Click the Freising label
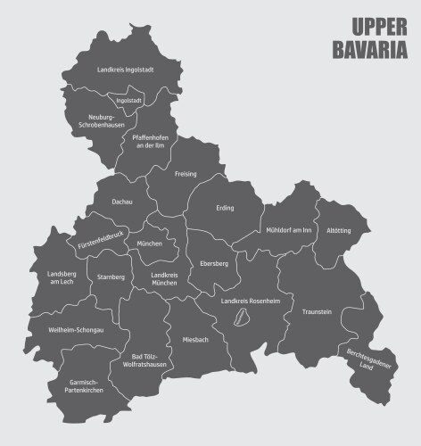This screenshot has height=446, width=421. tap(186, 173)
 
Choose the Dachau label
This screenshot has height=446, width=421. tap(122, 202)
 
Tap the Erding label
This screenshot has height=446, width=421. tap(225, 208)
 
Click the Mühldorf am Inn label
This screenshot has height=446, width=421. tap(289, 230)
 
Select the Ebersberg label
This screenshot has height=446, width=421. tap(214, 264)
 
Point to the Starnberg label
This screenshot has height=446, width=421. tap(111, 277)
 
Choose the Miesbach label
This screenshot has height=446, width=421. tap(196, 340)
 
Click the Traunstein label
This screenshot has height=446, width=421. tap(317, 311)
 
